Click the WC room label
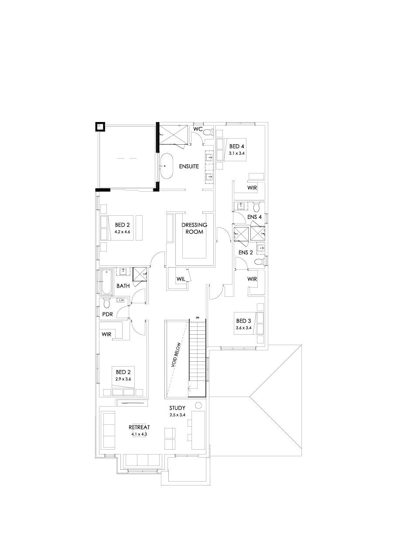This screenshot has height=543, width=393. tap(198, 129)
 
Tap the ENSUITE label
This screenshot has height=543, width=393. tap(188, 166)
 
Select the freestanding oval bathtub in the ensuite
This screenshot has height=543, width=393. tap(166, 166)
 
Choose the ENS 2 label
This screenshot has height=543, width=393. tap(245, 253)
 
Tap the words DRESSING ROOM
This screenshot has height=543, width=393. tap(194, 228)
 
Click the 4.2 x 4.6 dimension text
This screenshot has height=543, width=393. tap(123, 232)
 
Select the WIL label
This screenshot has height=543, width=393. tap(181, 278)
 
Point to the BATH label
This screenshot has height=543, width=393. tap(123, 286)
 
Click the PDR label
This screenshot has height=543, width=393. tap(107, 314)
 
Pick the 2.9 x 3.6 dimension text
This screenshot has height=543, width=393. tap(123, 379)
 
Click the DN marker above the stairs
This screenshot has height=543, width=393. tap(198, 317)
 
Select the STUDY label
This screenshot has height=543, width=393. tap(178, 408)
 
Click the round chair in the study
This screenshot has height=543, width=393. tap(198, 405)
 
